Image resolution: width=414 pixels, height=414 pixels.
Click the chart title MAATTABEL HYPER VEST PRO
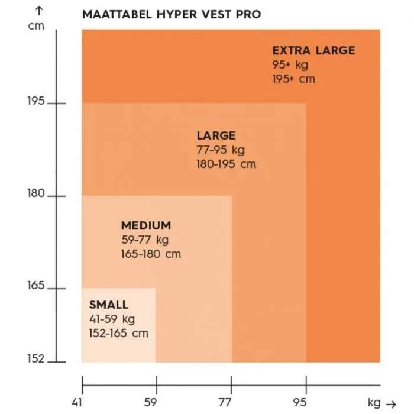click(x=172, y=14)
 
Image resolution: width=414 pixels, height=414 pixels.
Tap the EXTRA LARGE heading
click(x=313, y=50)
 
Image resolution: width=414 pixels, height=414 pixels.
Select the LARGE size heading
click(x=216, y=136)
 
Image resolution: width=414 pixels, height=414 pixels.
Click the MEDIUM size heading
click(x=146, y=225)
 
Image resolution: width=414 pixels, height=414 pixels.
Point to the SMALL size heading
click(x=108, y=305)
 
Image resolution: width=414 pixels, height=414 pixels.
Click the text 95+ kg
click(x=290, y=64)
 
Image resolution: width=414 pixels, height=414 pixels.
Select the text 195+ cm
click(x=294, y=79)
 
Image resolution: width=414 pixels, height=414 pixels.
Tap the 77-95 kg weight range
click(x=221, y=150)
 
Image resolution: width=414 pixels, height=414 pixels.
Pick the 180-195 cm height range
click(x=227, y=164)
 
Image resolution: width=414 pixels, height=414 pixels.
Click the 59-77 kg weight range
click(x=145, y=240)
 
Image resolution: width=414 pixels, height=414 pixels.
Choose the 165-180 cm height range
click(x=151, y=254)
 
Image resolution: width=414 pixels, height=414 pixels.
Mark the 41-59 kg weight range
click(x=112, y=319)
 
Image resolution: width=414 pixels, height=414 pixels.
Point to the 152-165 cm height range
click(x=118, y=334)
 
